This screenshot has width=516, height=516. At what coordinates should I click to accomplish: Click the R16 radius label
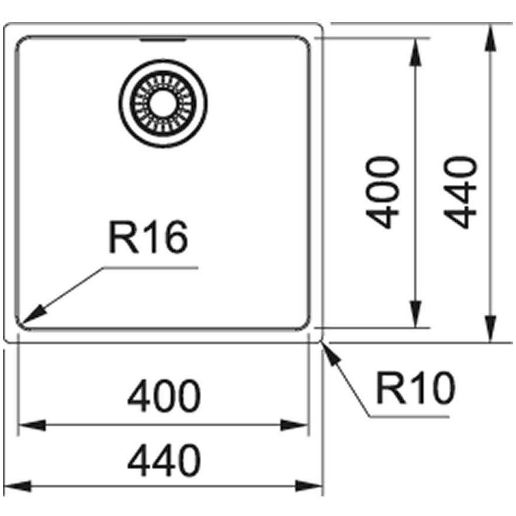[148, 237]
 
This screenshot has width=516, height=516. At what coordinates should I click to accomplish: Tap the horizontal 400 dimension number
[164, 396]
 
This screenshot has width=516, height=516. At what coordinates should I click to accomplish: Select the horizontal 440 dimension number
[164, 460]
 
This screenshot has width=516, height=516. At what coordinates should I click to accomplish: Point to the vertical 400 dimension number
[383, 193]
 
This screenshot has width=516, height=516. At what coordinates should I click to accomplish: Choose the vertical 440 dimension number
[460, 193]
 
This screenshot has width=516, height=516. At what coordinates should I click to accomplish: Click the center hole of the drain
[163, 103]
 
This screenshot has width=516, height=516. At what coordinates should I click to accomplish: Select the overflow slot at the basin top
[163, 40]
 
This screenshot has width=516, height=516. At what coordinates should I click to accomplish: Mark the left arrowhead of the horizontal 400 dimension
[32, 425]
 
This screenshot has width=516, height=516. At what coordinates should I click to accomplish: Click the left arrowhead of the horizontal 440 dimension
[17, 486]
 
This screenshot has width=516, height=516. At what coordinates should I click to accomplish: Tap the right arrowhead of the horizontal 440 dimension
[309, 486]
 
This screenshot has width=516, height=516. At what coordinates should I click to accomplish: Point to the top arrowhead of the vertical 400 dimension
[416, 52]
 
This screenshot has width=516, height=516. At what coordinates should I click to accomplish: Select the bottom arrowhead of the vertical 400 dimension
[416, 314]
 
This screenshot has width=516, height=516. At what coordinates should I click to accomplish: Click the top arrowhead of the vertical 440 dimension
[490, 37]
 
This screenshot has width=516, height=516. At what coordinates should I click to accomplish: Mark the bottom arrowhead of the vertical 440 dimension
[490, 329]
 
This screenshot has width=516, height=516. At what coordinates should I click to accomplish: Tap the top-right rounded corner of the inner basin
[305, 40]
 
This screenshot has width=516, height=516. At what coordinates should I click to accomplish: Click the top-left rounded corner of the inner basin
[20, 40]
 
